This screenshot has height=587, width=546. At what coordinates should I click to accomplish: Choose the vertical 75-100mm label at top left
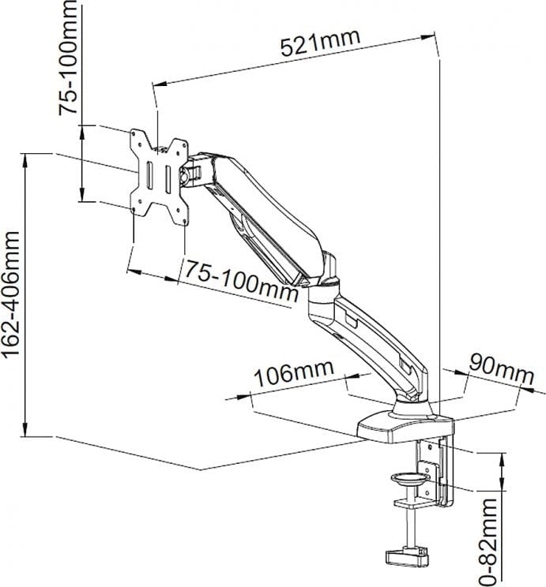click(x=70, y=60)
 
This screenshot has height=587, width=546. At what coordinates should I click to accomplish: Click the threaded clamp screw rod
click(x=409, y=525)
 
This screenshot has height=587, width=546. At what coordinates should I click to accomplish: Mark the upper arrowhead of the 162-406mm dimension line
click(x=26, y=158)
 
